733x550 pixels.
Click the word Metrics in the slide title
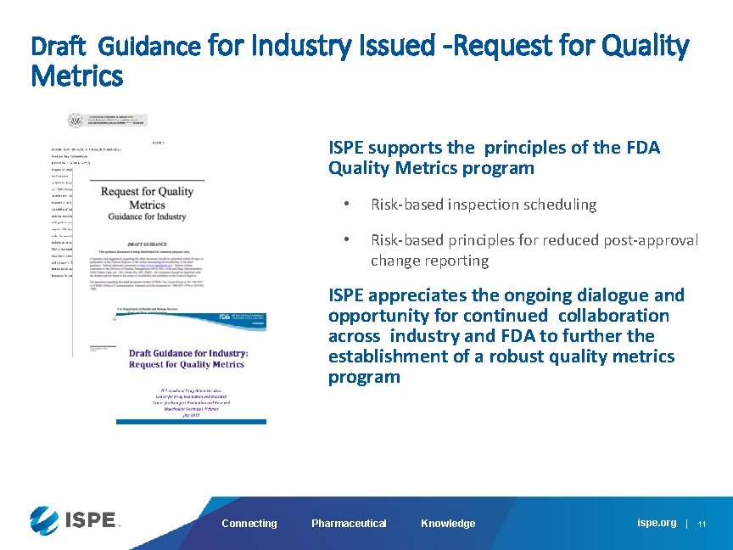pyautogui.click(x=76, y=77)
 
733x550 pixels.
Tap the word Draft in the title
pyautogui.click(x=59, y=45)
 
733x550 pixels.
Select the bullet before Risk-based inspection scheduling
pyautogui.click(x=345, y=205)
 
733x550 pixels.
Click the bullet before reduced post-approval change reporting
pyautogui.click(x=345, y=240)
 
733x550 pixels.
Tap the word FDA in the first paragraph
pyautogui.click(x=641, y=148)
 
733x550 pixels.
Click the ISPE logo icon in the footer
pyautogui.click(x=44, y=519)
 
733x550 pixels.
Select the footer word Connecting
pyautogui.click(x=249, y=524)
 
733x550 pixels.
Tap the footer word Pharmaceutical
pyautogui.click(x=349, y=524)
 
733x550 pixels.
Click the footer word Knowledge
pyautogui.click(x=448, y=524)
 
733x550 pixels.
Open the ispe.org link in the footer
pyautogui.click(x=657, y=523)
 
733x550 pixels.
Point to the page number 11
pyautogui.click(x=702, y=524)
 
